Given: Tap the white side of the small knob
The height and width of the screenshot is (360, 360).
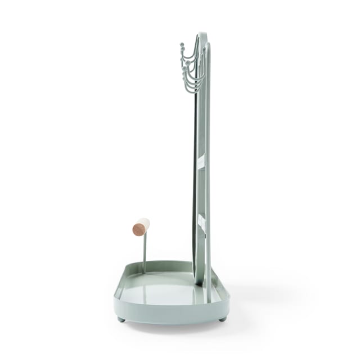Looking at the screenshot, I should tap(145, 223).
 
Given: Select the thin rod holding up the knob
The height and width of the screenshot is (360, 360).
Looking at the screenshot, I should tap(145, 250).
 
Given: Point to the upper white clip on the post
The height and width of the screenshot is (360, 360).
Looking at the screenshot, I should tap(201, 162).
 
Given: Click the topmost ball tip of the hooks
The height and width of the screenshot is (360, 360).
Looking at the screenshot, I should tap(182, 45).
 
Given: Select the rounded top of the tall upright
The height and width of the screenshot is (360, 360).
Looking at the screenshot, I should tap(202, 35).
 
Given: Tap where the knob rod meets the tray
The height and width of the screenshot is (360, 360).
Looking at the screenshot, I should tap(144, 272).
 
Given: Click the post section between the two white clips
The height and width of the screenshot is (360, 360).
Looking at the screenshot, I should tap(201, 191).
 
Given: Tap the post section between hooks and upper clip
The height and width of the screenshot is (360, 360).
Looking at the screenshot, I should tap(201, 124).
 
